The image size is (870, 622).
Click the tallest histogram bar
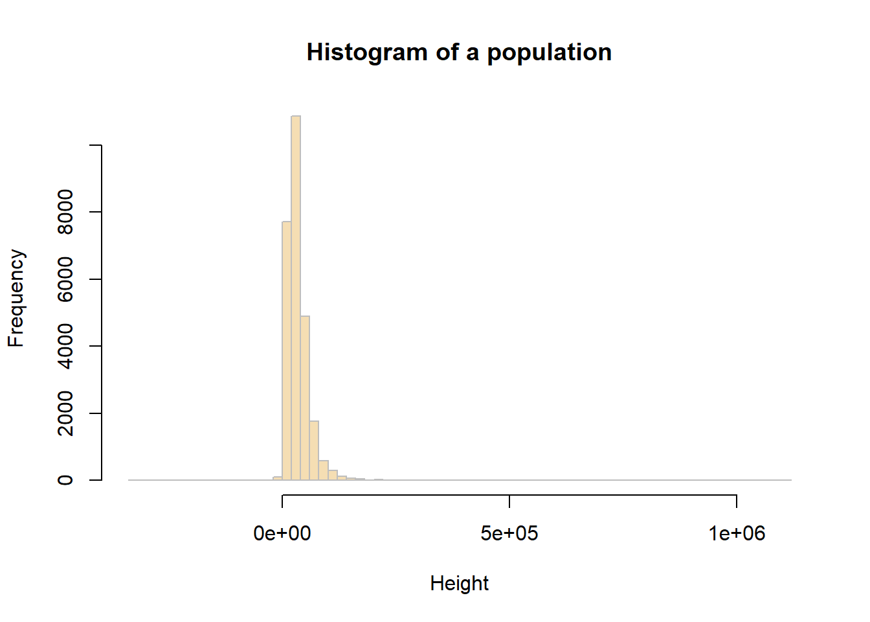(x=296, y=298)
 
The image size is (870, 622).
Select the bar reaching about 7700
(x=287, y=350)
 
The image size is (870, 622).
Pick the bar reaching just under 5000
(x=305, y=398)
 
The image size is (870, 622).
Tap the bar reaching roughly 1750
(x=314, y=451)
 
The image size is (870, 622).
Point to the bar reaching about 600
(x=323, y=470)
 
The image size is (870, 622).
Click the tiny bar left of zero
(x=278, y=479)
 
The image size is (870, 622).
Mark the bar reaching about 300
(x=333, y=475)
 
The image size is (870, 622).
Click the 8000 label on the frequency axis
(x=65, y=212)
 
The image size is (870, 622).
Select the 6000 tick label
(x=65, y=279)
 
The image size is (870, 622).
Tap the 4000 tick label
(x=65, y=346)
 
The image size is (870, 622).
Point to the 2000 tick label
(x=65, y=413)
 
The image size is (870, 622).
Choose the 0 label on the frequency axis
(x=65, y=480)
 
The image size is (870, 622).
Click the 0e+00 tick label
(x=282, y=533)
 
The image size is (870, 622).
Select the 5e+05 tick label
(x=509, y=533)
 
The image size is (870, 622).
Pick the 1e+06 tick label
(x=737, y=533)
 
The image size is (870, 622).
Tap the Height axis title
(x=459, y=583)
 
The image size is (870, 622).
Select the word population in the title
(x=549, y=52)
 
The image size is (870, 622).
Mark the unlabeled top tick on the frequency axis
(x=95, y=146)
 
